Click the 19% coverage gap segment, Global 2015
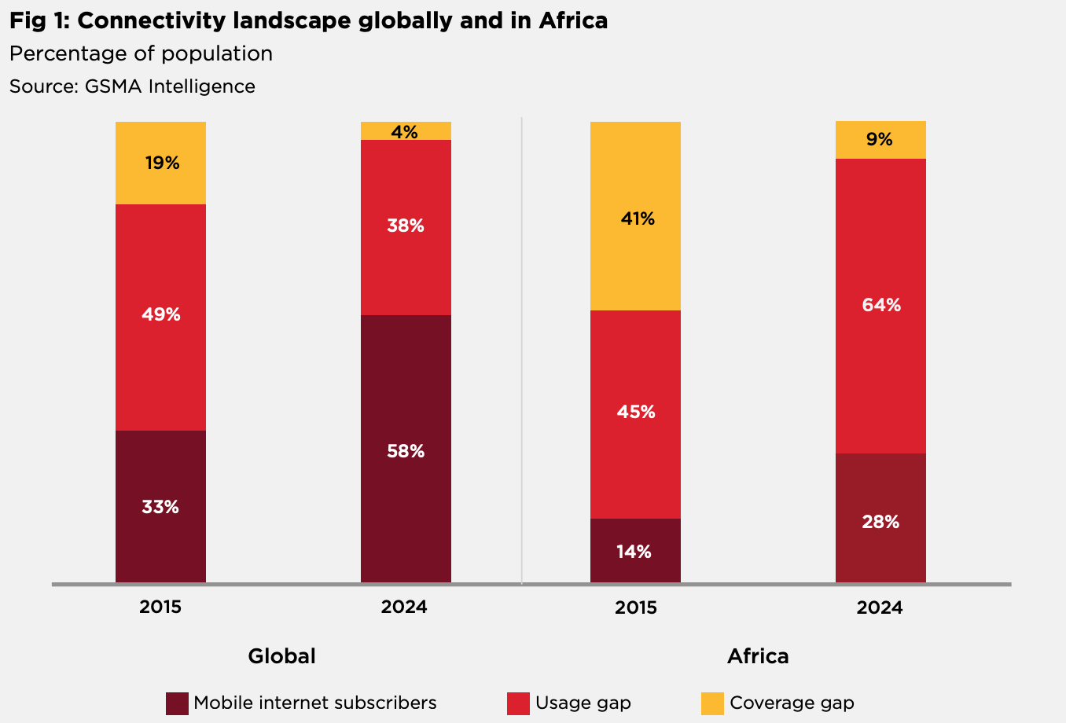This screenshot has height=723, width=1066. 160,163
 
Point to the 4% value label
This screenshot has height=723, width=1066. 405,132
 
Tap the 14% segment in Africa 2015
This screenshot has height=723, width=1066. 635,551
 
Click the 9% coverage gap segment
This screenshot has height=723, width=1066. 880,140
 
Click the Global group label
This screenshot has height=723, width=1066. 281,656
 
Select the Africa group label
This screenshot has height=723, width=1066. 758,656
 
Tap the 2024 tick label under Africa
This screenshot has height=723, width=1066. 880,607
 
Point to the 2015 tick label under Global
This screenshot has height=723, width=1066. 160,607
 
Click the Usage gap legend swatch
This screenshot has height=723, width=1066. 518,703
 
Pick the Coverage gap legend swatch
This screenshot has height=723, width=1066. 712,703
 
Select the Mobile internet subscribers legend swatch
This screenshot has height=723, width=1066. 177,703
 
